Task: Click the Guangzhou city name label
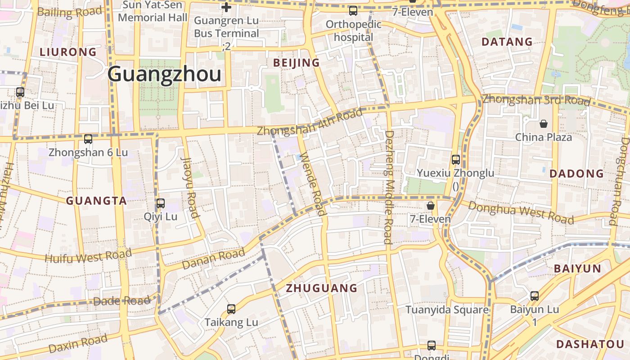pos(164,74)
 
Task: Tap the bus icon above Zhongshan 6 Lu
pos(88,139)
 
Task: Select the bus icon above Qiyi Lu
pos(161,203)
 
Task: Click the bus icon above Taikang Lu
pos(231,309)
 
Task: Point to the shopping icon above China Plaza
pos(544,124)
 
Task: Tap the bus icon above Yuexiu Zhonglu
pos(455,160)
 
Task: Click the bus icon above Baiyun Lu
pos(535,296)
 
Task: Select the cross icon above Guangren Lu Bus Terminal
pos(226,7)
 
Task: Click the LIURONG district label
pos(68,52)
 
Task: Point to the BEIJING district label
pos(297,63)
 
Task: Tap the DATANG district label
pos(507,42)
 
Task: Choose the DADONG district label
pos(577,174)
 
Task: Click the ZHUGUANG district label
pos(322,288)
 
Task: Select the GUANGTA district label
pos(97,201)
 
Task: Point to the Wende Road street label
pos(311,184)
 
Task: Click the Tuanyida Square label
pos(447,310)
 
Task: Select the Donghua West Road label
pos(521,212)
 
